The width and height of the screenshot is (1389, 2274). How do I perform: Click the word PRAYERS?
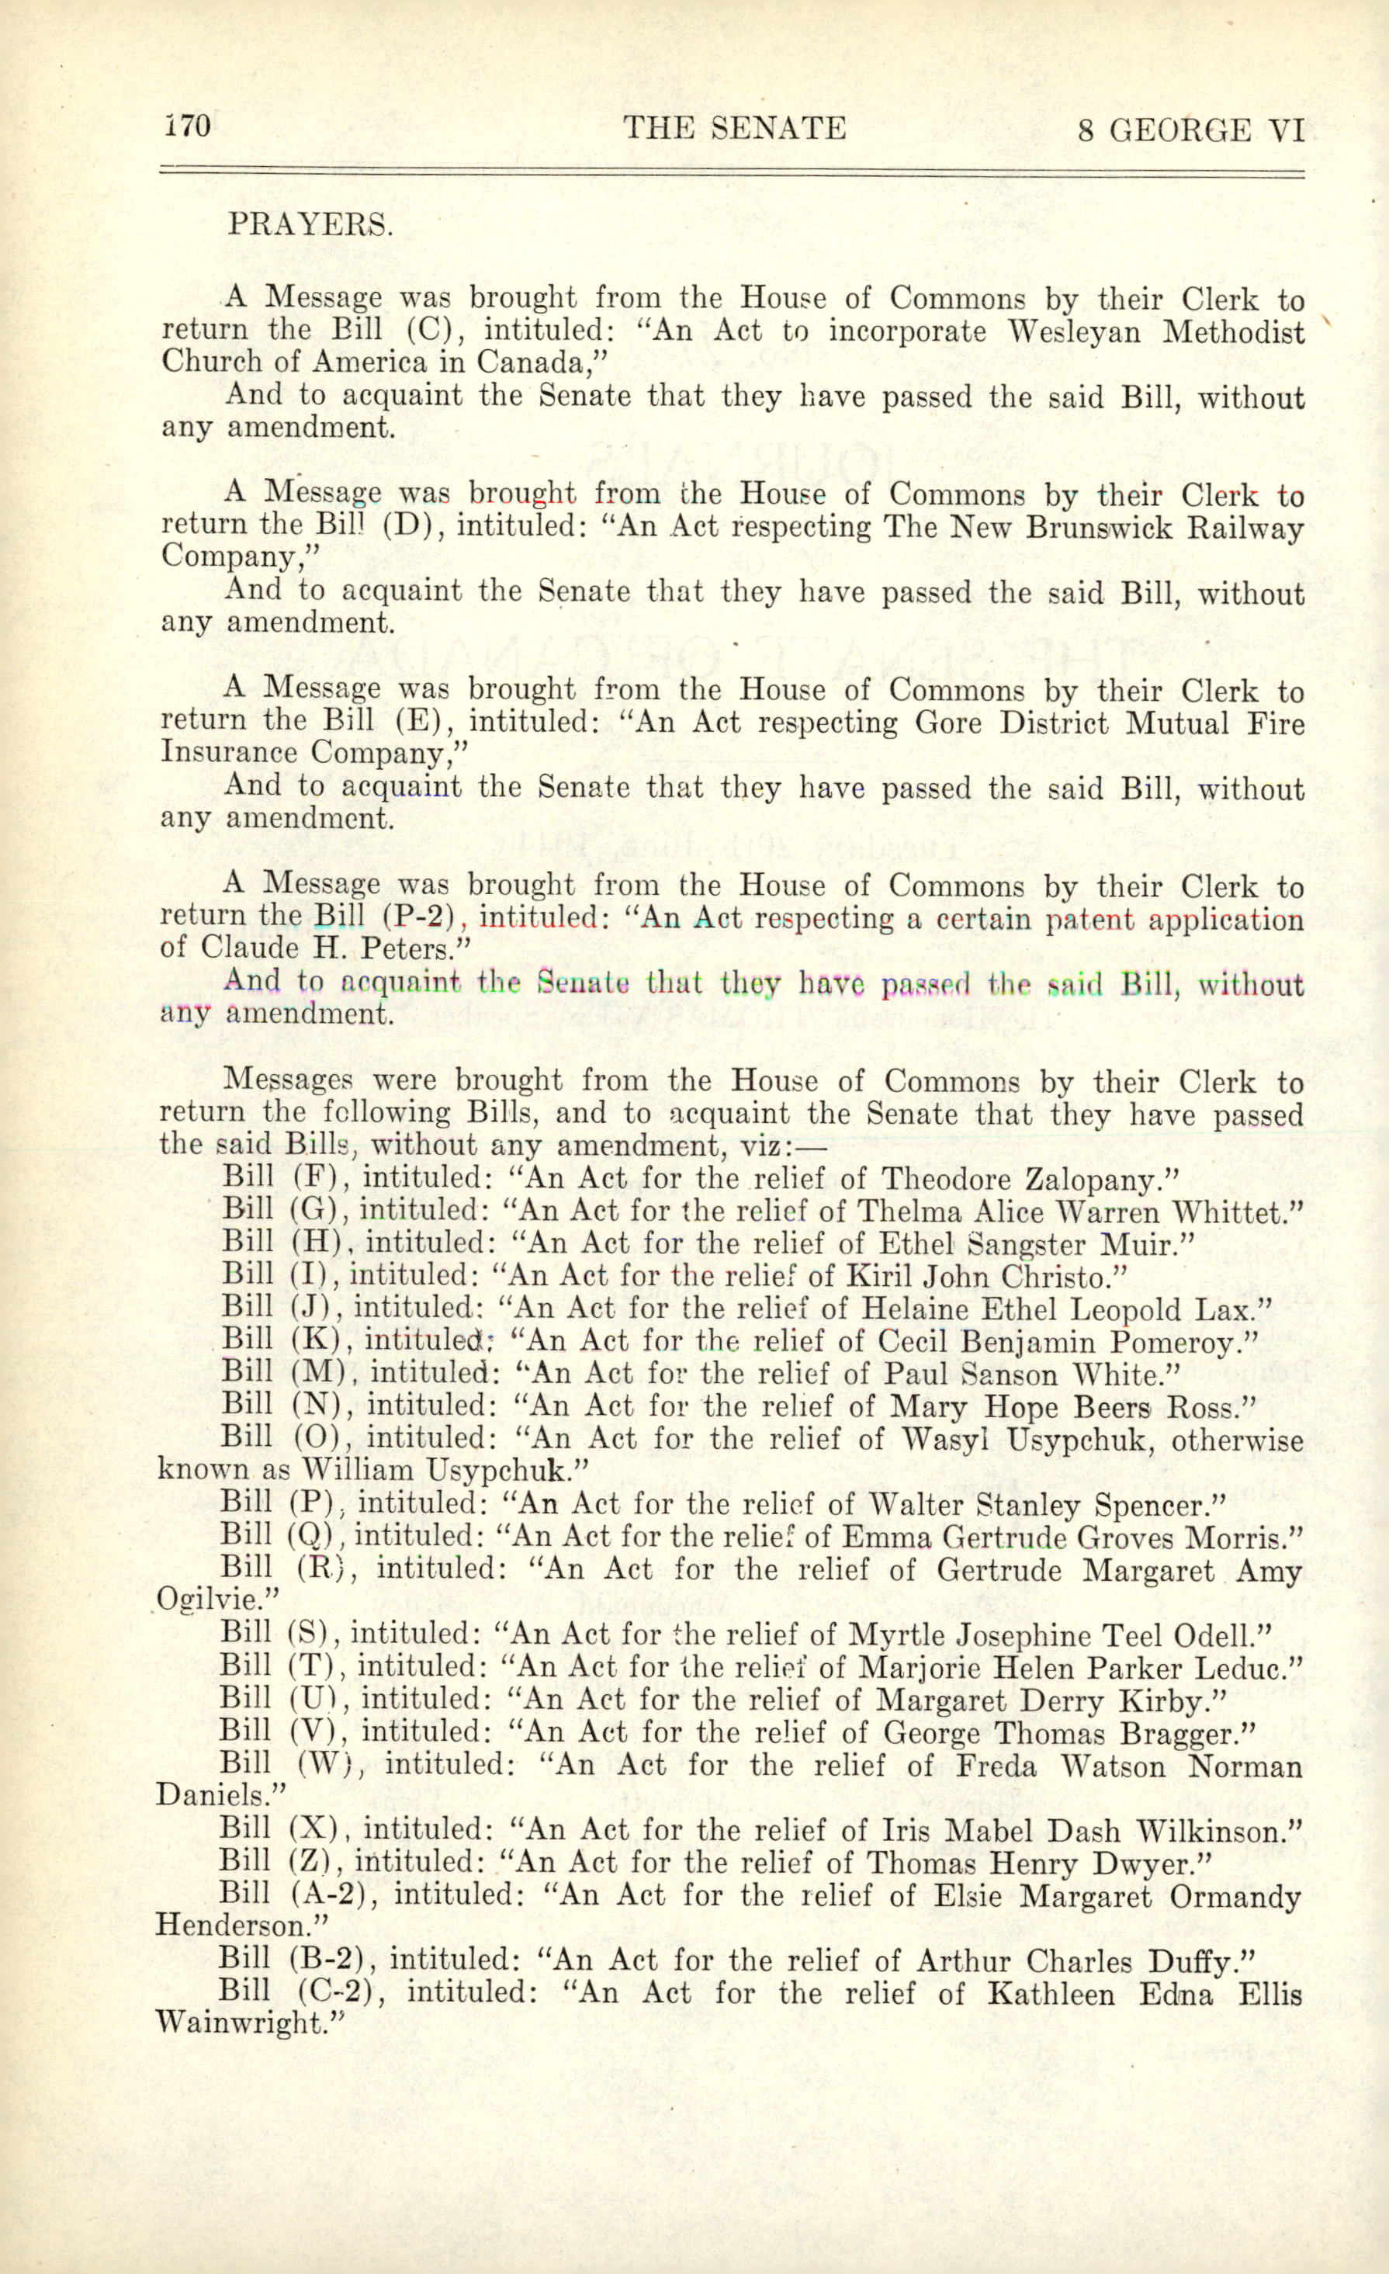coord(310,225)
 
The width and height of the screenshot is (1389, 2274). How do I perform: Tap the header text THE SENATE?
coord(734,127)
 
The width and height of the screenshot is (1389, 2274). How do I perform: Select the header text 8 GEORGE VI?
coord(1190,130)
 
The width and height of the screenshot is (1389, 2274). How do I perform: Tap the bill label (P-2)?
coord(419,918)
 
